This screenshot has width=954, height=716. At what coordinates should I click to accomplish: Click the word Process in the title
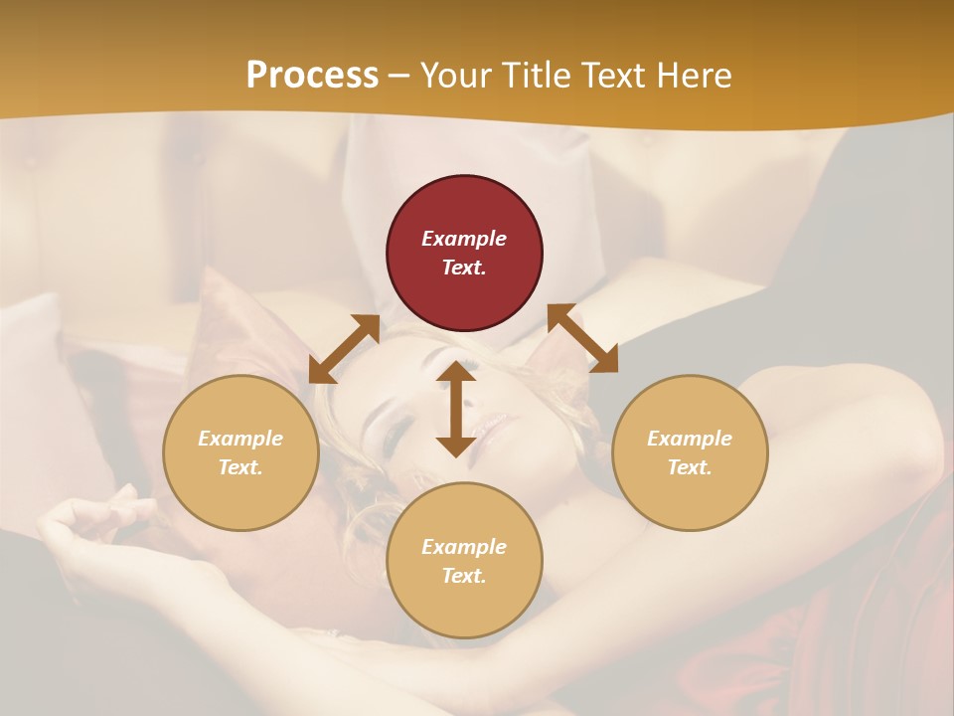(x=312, y=76)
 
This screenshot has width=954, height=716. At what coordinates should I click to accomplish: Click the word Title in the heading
(x=537, y=76)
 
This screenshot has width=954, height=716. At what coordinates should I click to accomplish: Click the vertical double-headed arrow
(x=456, y=410)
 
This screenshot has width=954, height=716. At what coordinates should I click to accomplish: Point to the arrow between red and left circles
(x=344, y=349)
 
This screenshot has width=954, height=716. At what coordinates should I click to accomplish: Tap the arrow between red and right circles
(x=582, y=338)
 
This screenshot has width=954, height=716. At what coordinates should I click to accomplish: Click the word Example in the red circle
(x=464, y=239)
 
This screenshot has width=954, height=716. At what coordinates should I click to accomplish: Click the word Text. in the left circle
(x=240, y=467)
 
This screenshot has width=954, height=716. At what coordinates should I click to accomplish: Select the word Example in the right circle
(x=690, y=439)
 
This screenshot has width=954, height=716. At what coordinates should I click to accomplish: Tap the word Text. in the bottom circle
(x=464, y=576)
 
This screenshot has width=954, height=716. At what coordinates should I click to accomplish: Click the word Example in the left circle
(x=240, y=439)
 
